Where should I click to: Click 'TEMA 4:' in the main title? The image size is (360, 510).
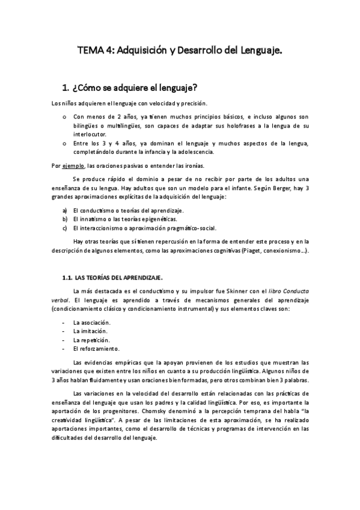point(96,51)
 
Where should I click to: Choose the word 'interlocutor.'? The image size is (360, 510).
point(90,134)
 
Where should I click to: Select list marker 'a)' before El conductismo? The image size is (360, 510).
point(65,210)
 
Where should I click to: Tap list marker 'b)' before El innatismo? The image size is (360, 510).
point(65,220)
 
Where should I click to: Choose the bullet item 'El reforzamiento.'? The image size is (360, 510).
point(96,349)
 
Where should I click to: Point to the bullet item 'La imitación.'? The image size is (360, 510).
point(91,331)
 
